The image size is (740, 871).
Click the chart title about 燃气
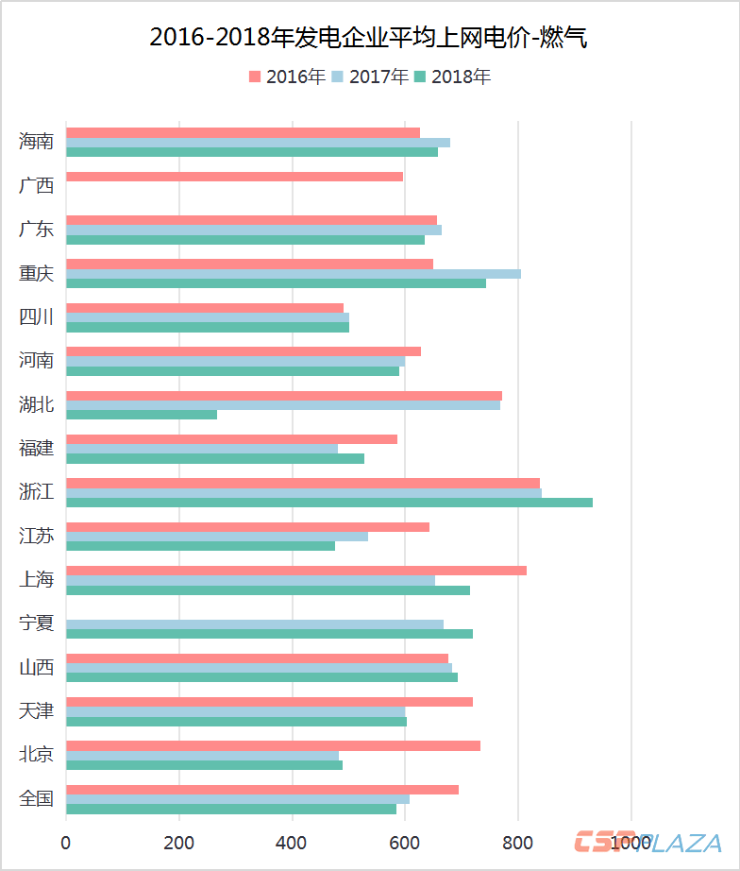(369, 37)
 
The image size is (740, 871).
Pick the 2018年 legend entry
(452, 77)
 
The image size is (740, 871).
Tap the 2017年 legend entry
(370, 77)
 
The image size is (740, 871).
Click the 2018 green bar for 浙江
(328, 503)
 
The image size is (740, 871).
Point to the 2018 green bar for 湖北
(142, 415)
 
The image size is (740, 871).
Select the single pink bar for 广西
(234, 177)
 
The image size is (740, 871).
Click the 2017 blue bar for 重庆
(293, 274)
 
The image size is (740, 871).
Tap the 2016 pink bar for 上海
(295, 571)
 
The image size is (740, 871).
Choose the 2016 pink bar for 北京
(273, 746)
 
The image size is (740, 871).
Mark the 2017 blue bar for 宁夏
(254, 624)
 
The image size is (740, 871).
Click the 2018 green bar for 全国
(231, 809)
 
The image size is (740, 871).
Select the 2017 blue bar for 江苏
(217, 537)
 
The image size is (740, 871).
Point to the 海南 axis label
(36, 142)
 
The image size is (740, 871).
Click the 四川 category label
(36, 317)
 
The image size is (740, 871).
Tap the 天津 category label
(36, 711)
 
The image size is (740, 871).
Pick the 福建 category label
(36, 449)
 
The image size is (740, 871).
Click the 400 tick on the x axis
(292, 842)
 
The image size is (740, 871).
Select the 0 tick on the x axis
(66, 842)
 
